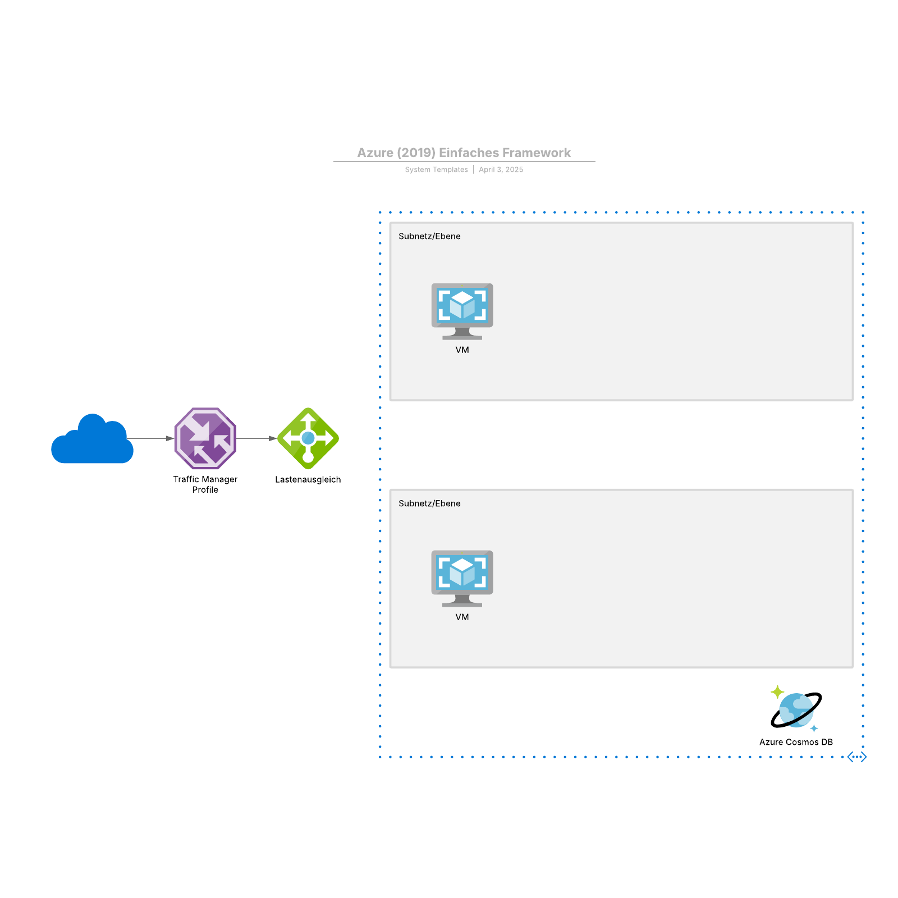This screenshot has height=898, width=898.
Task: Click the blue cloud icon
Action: click(x=93, y=441)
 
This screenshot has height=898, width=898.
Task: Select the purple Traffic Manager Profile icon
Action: click(x=205, y=438)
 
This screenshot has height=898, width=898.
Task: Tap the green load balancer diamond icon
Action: click(x=308, y=438)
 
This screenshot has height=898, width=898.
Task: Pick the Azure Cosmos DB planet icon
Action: click(x=796, y=710)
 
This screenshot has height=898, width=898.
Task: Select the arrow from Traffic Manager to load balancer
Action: click(x=256, y=438)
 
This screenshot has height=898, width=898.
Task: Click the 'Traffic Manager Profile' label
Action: click(x=205, y=484)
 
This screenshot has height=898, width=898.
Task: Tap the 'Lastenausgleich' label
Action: click(x=308, y=479)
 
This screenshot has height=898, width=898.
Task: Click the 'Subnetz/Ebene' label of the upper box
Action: click(x=429, y=236)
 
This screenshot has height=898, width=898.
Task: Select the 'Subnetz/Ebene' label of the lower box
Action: click(x=429, y=503)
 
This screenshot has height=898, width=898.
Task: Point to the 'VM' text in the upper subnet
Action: click(x=462, y=350)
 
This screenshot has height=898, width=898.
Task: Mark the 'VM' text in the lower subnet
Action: click(x=462, y=617)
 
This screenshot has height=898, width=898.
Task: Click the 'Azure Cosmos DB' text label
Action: click(x=796, y=742)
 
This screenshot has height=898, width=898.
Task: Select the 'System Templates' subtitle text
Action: click(x=436, y=169)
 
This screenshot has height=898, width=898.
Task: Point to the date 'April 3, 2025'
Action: click(x=501, y=169)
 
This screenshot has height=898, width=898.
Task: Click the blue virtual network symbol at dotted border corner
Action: click(x=857, y=757)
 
